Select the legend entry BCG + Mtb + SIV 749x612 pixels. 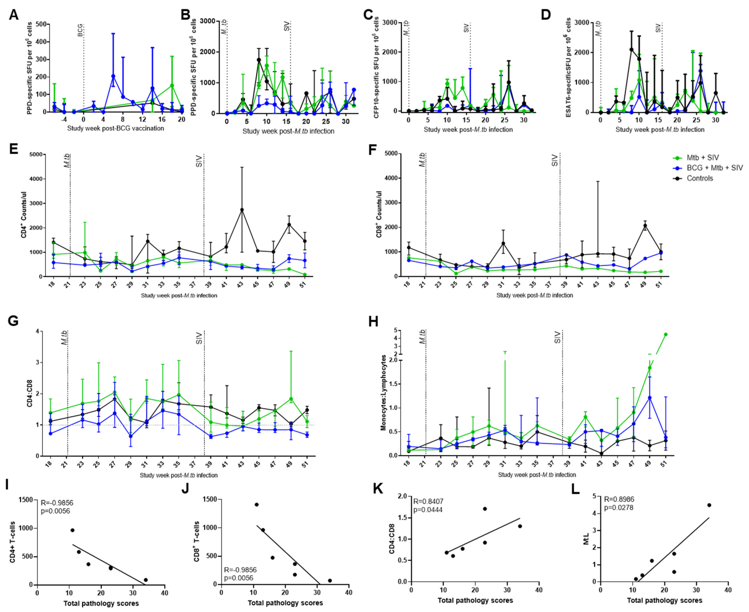[714, 168]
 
